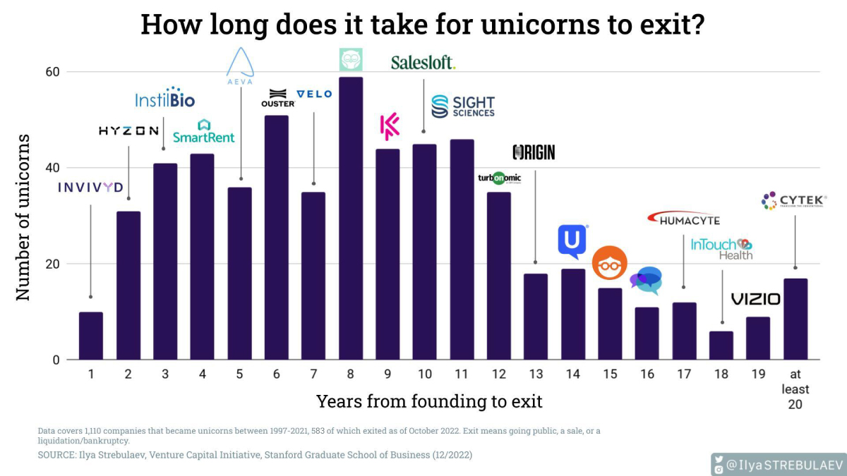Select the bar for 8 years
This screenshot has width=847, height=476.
351,219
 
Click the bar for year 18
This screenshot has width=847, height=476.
721,346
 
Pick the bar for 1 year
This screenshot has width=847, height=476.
91,336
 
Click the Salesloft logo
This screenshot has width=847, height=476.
423,63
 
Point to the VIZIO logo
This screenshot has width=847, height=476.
755,300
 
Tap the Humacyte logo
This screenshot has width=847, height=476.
683,219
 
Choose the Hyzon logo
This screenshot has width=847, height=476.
128,131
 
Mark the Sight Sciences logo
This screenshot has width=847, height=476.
463,106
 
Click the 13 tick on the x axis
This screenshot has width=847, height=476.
536,374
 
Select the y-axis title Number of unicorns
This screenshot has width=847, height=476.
24,216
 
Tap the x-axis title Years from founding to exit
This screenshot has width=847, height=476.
429,402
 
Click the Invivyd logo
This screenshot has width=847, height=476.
90,187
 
